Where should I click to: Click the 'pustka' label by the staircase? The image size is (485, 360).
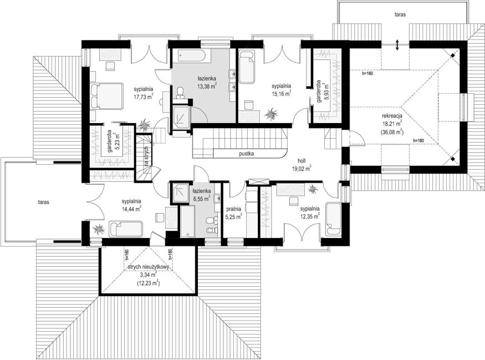pos(247,153)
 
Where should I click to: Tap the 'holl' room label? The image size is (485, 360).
pos(302,161)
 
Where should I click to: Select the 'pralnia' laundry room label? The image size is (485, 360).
pos(233,209)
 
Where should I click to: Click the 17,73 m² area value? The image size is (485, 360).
pos(144,97)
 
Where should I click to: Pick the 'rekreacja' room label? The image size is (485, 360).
pos(392,116)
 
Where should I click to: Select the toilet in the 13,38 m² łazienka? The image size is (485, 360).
pos(180,93)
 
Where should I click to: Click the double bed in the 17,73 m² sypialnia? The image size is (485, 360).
pos(107,95)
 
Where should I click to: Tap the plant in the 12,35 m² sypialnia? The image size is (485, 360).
pos(313,189)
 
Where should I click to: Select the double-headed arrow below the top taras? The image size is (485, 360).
pos(397,45)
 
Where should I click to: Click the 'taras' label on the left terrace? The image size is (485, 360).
pos(44,202)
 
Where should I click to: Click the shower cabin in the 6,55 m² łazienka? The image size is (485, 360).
pos(181,193)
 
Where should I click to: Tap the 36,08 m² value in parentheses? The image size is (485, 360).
pos(392,132)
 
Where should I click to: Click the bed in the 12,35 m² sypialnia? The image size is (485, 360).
pos(333,219)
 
